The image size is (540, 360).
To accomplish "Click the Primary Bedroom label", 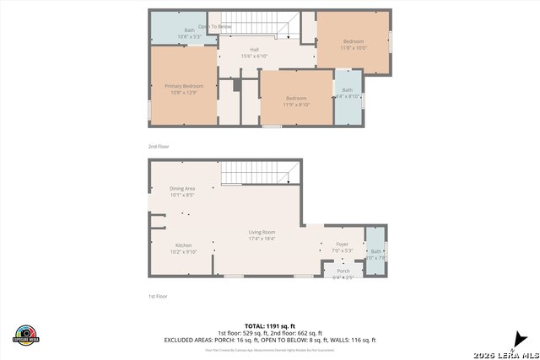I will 183,89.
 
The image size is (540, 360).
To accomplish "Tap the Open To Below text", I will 214,27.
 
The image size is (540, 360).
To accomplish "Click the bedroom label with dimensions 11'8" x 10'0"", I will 353,45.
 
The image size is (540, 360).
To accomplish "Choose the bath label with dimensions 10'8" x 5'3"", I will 189,34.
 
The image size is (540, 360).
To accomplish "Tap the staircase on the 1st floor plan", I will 259,173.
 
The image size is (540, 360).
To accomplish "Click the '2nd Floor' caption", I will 159,147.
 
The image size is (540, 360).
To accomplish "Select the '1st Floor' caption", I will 158,296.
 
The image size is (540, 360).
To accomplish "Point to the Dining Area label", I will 182,191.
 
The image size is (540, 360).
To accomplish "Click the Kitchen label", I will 183,248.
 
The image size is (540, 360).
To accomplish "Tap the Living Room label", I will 262,235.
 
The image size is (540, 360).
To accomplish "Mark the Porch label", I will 343,273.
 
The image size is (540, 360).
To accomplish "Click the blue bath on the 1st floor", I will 375,253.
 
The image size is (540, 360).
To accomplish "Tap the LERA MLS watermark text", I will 505,352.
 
